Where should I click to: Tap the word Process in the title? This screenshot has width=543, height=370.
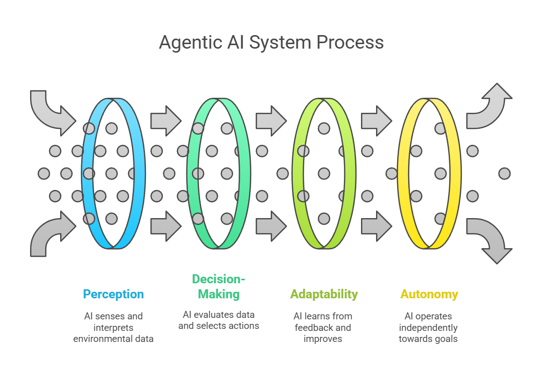point(350,43)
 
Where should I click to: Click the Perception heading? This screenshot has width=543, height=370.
point(113,294)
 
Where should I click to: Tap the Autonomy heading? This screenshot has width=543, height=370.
point(429,294)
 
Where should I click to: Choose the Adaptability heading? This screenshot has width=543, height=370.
point(324,294)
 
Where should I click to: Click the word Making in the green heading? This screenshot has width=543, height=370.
point(219,294)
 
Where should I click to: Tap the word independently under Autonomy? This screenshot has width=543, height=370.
point(429,327)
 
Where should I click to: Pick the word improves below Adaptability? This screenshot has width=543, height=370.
point(323,339)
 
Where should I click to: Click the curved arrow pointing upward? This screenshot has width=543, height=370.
point(489,107)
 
